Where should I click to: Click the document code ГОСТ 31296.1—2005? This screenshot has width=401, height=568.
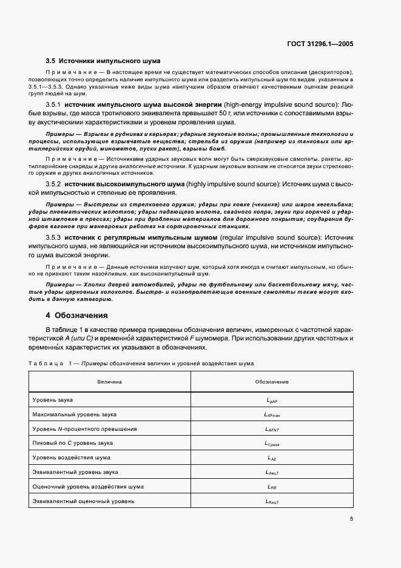tap(320, 44)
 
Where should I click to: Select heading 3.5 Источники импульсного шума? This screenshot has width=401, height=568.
tap(103, 61)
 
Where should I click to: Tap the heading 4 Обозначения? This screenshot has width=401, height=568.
tap(77, 316)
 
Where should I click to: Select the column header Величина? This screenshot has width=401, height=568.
tap(110, 382)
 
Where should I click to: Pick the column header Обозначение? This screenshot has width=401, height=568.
tap(272, 382)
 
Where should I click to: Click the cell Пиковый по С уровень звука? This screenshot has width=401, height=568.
tap(72, 443)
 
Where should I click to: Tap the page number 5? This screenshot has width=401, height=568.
tap(352, 519)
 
